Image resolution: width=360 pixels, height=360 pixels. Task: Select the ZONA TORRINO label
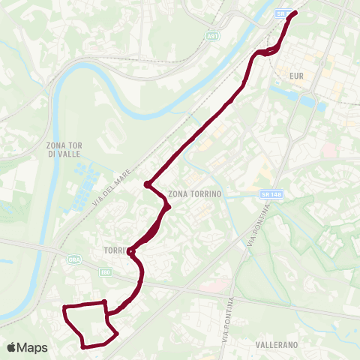(197, 193)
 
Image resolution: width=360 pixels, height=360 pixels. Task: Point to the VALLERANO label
(277, 344)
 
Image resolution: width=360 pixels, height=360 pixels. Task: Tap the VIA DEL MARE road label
(114, 183)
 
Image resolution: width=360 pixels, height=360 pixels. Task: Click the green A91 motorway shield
(213, 34)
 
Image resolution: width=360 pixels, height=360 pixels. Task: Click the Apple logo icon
(13, 347)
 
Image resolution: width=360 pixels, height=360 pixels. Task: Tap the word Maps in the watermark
(33, 347)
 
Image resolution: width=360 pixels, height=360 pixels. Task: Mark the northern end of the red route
(294, 13)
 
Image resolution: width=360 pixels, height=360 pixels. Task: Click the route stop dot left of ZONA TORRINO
(148, 184)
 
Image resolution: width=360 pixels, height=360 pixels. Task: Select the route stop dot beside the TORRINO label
(130, 251)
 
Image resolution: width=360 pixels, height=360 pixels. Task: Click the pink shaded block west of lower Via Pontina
(214, 286)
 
